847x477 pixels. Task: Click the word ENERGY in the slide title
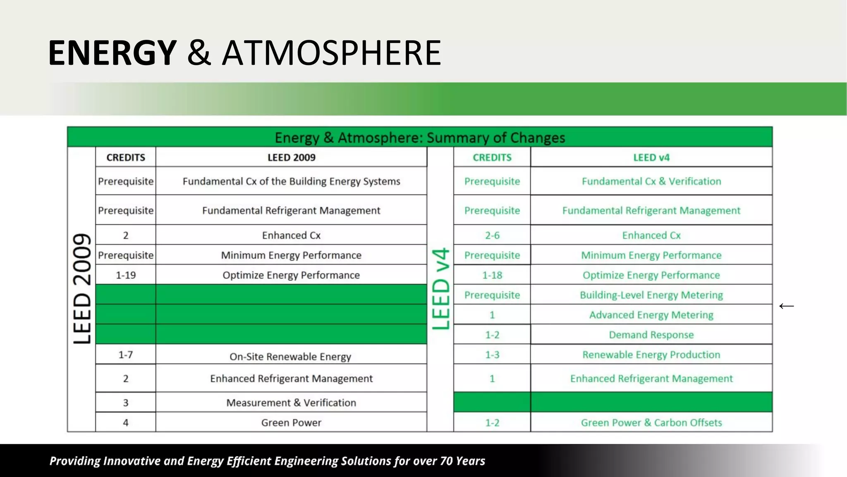(x=112, y=53)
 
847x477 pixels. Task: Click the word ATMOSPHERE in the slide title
(x=332, y=53)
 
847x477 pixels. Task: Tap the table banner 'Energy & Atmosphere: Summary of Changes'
(x=419, y=137)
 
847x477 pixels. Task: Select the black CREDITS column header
(x=126, y=157)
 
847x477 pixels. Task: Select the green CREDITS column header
(x=492, y=157)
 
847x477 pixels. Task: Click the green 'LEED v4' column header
(x=651, y=157)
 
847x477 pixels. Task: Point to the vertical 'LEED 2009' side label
(x=82, y=288)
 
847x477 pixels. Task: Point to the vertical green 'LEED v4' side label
(x=440, y=288)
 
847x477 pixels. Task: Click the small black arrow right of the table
(x=786, y=306)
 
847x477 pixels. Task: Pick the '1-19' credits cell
(x=126, y=275)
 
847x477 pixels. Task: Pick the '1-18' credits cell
(x=492, y=275)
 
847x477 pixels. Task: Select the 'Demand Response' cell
(x=651, y=335)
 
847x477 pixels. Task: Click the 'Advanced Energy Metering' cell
(x=651, y=315)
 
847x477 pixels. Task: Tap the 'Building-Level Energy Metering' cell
(x=651, y=295)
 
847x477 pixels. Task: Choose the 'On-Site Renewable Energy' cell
(x=290, y=357)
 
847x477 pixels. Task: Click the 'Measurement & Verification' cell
(x=291, y=402)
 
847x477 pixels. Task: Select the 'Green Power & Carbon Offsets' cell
(x=651, y=422)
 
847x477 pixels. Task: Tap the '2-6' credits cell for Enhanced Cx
(x=492, y=235)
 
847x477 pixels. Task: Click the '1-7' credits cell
(x=126, y=354)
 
